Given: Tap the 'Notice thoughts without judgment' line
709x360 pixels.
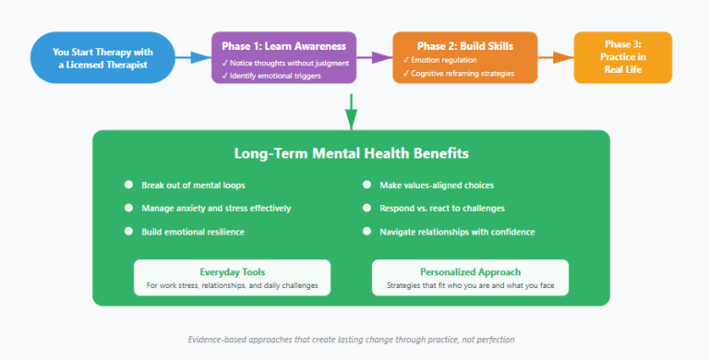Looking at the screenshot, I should (x=282, y=62).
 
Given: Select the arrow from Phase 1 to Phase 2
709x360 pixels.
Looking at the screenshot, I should (x=374, y=57).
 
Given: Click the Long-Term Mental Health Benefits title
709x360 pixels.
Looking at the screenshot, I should (x=350, y=154).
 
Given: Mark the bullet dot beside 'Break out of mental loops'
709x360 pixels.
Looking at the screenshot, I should (x=128, y=185).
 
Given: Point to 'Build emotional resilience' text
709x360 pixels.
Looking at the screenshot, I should (x=193, y=231).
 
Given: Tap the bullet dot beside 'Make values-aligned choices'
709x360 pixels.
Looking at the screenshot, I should (x=367, y=185).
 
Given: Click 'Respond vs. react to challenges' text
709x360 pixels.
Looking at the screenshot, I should (x=442, y=208).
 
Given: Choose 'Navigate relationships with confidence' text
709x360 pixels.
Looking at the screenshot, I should (x=457, y=231).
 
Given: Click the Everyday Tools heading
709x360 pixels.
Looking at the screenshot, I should (x=232, y=271).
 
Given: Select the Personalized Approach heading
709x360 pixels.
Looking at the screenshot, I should (x=469, y=271).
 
